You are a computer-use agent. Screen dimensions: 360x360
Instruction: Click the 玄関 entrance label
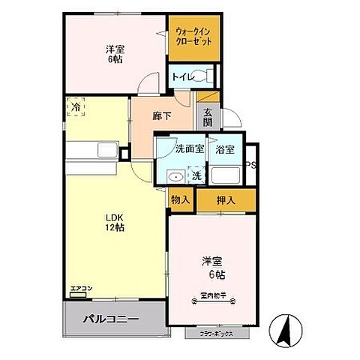207,116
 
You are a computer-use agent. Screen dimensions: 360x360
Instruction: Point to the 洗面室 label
190,149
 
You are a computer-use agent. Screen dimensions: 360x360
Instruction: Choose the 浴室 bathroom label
225,149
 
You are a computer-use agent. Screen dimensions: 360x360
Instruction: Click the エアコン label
81,288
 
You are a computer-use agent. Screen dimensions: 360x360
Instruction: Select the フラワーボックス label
216,333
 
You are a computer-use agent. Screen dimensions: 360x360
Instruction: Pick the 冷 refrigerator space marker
76,109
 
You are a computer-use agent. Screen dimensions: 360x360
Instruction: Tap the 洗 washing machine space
195,176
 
